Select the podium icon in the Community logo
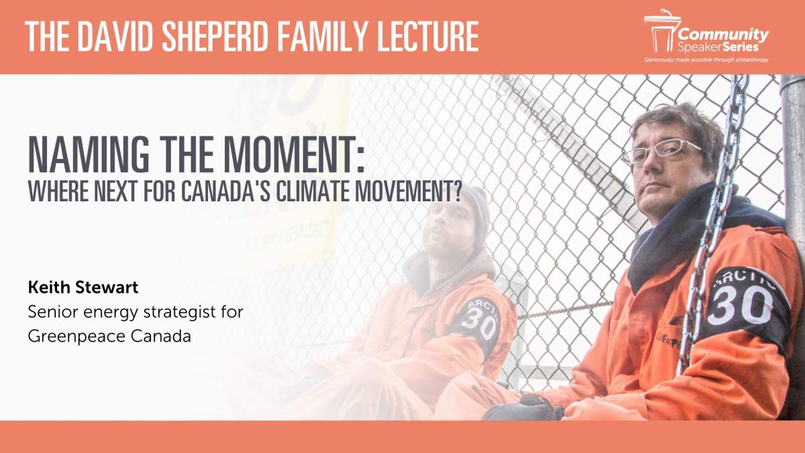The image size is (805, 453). (x=660, y=31)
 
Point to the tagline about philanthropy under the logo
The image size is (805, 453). (x=706, y=60)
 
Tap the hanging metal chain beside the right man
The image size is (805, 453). (x=711, y=221)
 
